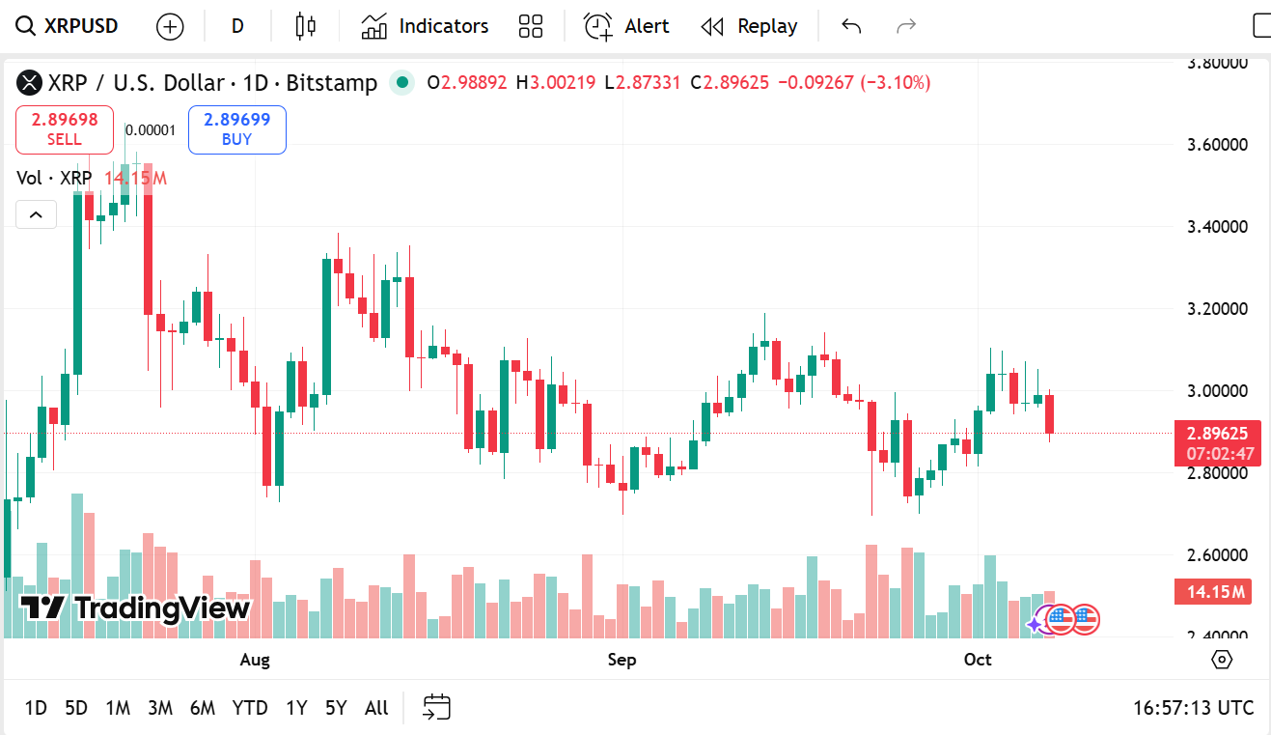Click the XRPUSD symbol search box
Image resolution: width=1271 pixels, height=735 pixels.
68,26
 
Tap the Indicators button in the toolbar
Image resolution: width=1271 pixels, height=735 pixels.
426,26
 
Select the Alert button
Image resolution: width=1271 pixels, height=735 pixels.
626,26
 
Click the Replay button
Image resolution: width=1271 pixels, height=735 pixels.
749,26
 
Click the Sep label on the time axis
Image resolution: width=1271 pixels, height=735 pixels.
622,660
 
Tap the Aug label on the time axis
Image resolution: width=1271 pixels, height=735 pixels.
255,660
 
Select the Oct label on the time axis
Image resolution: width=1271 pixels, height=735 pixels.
978,660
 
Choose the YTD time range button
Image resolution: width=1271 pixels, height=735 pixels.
250,708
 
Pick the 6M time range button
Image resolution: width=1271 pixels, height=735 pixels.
203,708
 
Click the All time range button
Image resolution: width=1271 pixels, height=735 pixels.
376,708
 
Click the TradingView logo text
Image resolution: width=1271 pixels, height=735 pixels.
135,608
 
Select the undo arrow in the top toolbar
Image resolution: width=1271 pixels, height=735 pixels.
850,26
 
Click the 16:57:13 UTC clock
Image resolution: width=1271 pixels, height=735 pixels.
1193,708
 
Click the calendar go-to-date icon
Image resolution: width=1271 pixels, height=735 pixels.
437,708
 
